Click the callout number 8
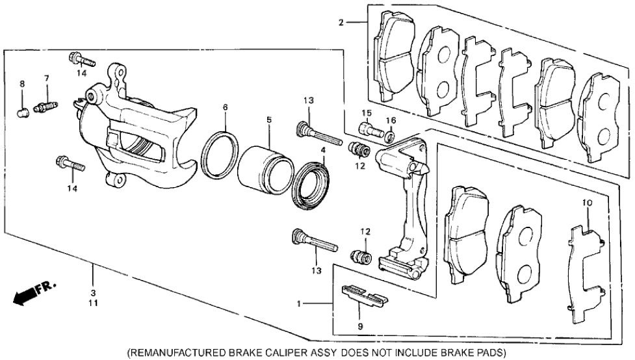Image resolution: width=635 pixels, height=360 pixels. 21,84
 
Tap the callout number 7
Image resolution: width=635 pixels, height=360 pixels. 47,79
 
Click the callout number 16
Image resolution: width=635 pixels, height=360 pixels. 391,121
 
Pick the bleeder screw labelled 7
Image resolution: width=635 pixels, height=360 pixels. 47,103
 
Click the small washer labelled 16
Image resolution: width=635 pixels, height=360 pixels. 390,136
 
